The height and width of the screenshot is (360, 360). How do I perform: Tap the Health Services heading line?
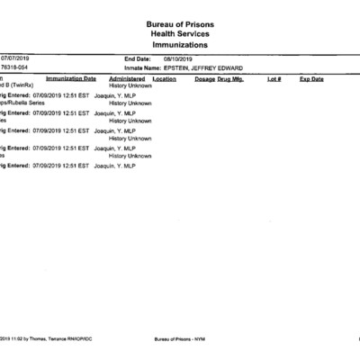point(180,34)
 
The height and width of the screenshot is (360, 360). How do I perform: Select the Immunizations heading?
point(180,44)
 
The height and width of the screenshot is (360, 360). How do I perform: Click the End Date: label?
point(137,58)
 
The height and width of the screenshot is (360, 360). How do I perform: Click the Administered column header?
point(127,79)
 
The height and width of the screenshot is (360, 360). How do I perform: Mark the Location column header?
point(165,79)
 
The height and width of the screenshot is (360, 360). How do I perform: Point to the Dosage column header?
point(204,79)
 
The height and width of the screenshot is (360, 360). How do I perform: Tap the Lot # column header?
point(274,79)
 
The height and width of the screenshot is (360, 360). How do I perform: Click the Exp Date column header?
point(311,79)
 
